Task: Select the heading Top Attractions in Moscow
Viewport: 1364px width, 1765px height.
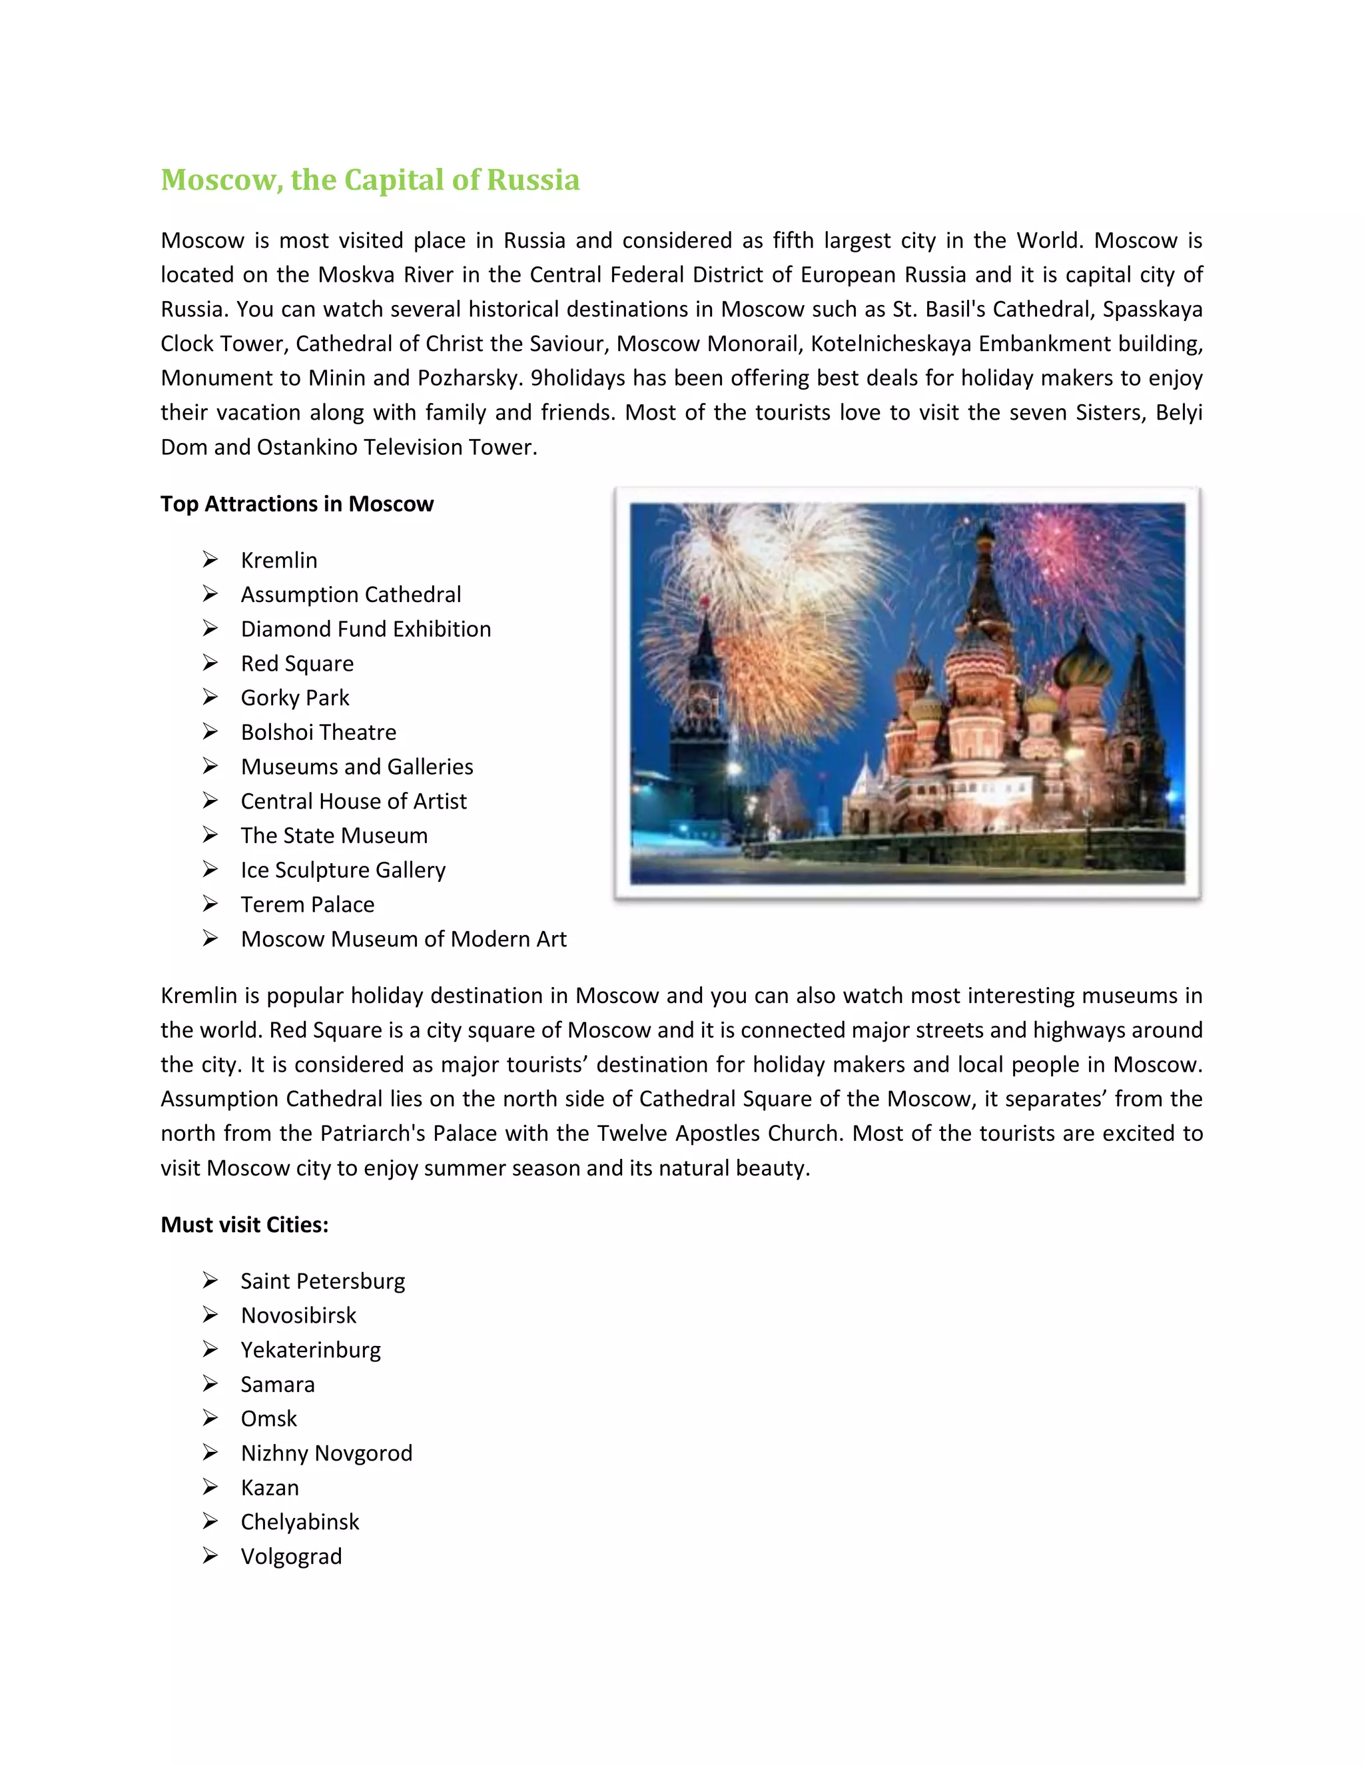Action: click(296, 504)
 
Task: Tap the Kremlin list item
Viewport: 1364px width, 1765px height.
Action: click(279, 560)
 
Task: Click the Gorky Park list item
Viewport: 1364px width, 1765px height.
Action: click(295, 697)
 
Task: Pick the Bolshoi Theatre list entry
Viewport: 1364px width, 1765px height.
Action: click(318, 732)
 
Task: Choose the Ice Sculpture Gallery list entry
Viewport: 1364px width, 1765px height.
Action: click(342, 870)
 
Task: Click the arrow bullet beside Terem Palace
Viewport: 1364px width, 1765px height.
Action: click(210, 904)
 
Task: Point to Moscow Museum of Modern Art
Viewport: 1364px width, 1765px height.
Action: click(403, 938)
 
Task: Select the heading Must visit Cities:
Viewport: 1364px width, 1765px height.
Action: click(244, 1224)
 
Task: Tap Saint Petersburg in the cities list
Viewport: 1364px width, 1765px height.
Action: click(322, 1281)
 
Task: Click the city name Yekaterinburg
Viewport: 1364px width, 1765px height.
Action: click(310, 1349)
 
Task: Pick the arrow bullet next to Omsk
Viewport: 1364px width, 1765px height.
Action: click(210, 1418)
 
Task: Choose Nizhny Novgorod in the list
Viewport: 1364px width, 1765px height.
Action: click(326, 1453)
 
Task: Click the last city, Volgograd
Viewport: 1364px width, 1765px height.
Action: click(291, 1557)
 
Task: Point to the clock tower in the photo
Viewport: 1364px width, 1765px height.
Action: click(701, 695)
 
